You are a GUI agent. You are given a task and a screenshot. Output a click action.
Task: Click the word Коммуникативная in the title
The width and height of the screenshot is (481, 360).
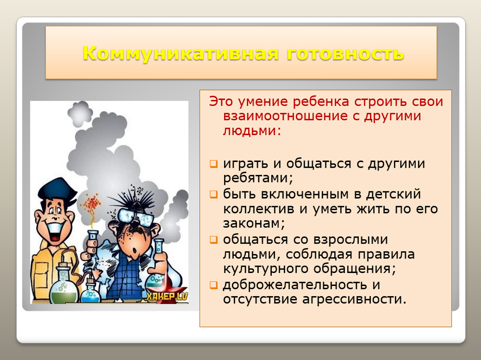(181, 53)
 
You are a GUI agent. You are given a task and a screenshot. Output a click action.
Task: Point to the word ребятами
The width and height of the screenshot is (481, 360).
(258, 178)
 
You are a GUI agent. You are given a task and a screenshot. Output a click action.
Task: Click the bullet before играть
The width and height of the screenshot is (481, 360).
(214, 164)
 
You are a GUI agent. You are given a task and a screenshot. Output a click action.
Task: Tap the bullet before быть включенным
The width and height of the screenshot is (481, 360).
(214, 194)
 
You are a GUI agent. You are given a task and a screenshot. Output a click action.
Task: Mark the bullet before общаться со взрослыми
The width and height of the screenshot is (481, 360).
(214, 240)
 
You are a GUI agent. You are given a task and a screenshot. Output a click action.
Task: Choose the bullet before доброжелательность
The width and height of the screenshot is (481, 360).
(214, 285)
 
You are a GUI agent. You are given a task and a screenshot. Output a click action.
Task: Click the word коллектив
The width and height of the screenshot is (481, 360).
(259, 209)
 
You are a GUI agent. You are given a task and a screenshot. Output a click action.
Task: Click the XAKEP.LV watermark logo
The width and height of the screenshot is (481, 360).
(166, 296)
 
